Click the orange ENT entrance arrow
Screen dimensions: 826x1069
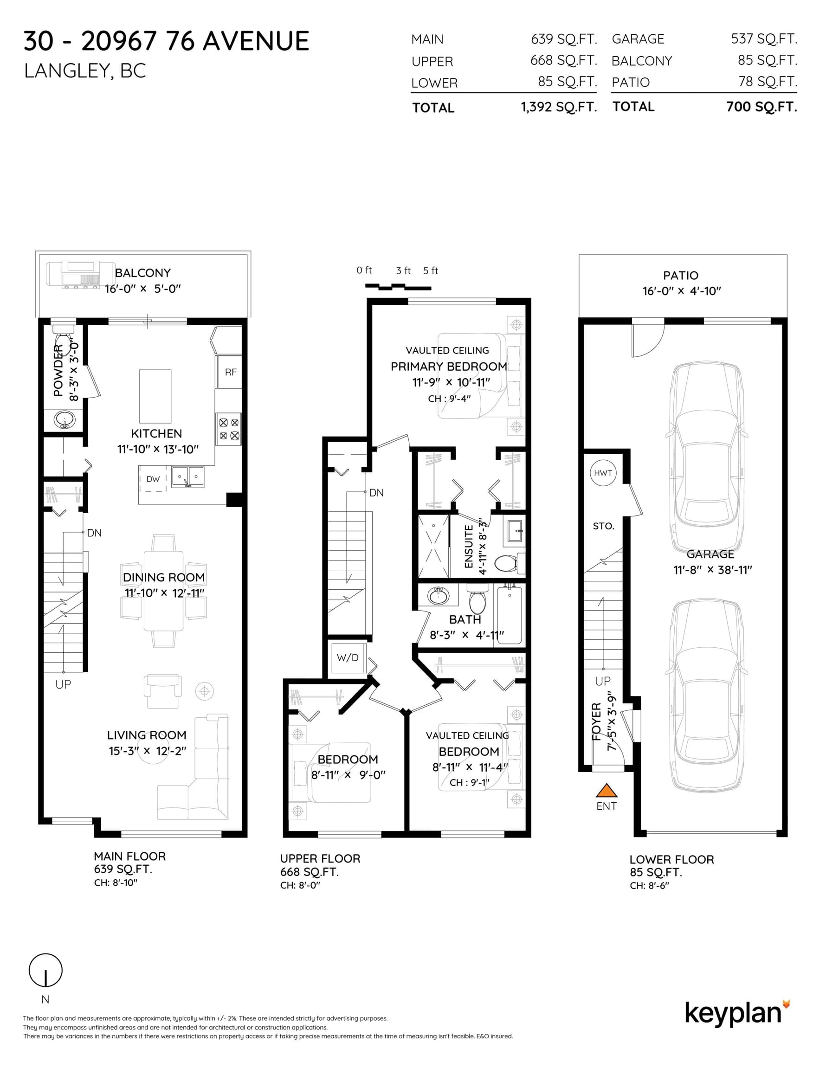click(606, 790)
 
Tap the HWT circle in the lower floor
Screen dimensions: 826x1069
click(603, 473)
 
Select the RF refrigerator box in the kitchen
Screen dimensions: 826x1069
click(230, 372)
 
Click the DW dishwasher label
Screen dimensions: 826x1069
click(153, 479)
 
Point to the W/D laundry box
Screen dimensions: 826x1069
click(348, 657)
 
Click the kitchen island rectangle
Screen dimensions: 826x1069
click(155, 397)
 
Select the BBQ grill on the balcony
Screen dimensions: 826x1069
click(75, 275)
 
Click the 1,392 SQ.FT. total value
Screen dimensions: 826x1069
click(559, 107)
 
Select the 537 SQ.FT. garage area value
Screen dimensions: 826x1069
click(764, 39)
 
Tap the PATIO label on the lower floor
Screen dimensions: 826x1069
click(681, 276)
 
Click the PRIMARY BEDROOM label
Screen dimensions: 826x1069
click(448, 367)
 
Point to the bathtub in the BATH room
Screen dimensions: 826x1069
click(509, 615)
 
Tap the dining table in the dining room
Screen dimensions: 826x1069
click(163, 591)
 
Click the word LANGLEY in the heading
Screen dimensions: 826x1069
click(66, 71)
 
